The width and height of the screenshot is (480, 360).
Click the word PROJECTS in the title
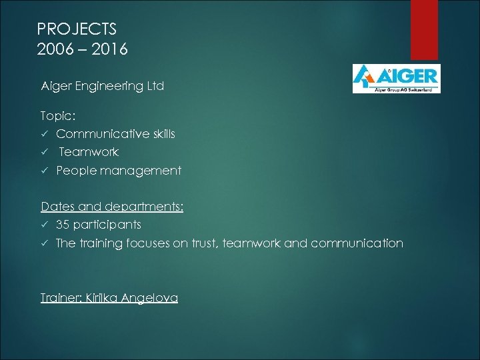click(77, 29)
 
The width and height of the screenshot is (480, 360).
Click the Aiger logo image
click(396, 78)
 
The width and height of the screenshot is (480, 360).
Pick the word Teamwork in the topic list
click(89, 152)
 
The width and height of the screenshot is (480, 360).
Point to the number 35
click(63, 225)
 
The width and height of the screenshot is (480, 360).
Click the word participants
click(107, 225)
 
